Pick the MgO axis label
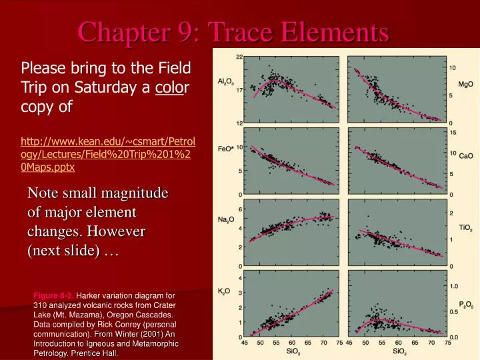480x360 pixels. (x=466, y=84)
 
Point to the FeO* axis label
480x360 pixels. (x=225, y=148)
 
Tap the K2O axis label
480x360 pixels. (x=225, y=291)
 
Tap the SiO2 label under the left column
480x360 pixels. (x=293, y=351)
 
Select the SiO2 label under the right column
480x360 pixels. (x=399, y=351)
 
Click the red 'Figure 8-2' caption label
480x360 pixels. (x=53, y=295)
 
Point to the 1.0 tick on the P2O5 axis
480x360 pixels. (x=453, y=286)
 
